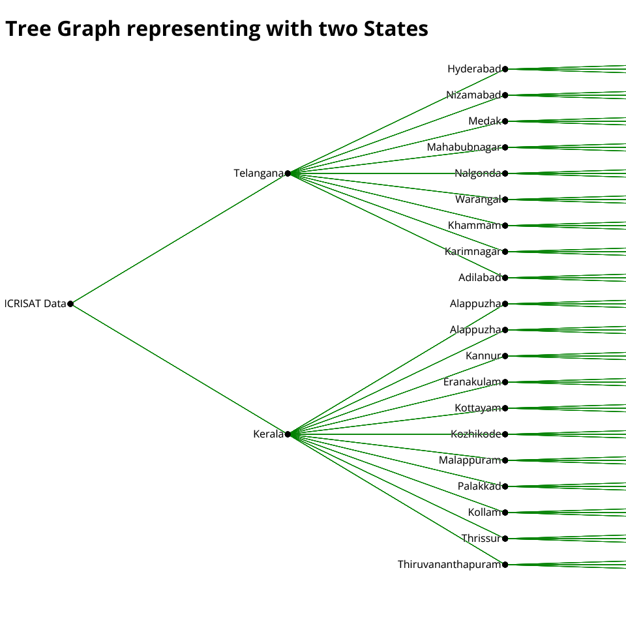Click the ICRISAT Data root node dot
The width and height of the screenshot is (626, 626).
point(70,304)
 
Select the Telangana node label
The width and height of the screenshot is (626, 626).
point(259,173)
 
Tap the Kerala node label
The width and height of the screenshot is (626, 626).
point(269,434)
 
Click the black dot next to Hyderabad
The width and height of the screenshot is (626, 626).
point(505,69)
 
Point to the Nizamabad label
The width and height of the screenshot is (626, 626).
point(473,95)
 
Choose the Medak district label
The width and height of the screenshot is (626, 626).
point(484,121)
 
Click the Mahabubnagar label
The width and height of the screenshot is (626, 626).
point(464,147)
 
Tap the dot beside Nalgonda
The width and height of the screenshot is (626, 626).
point(505,173)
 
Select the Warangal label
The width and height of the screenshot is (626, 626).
point(478,200)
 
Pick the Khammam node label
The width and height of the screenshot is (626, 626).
point(474,226)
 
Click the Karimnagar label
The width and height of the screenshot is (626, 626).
point(473,252)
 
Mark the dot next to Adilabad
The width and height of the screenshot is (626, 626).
point(505,278)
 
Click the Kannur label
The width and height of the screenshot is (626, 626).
point(483,356)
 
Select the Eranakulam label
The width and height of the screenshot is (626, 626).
point(472,382)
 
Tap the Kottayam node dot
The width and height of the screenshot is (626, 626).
point(505,408)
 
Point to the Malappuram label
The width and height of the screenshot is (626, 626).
point(469,460)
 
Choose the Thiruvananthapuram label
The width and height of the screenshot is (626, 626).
point(449,565)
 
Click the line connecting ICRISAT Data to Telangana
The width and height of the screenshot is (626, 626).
point(179,239)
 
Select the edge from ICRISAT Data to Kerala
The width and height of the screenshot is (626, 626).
point(179,369)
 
